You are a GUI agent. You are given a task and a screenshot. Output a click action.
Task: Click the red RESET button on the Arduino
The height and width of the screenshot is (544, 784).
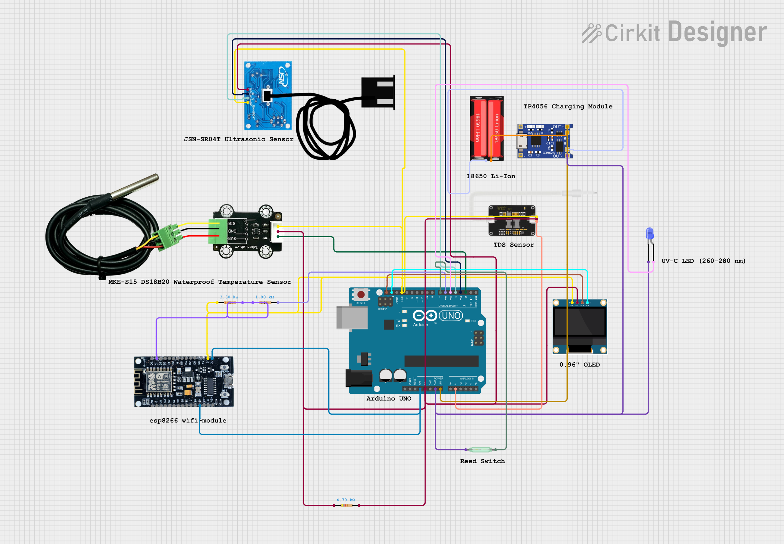coord(361,294)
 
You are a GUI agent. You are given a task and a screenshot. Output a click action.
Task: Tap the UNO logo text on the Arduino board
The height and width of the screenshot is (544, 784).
coord(451,315)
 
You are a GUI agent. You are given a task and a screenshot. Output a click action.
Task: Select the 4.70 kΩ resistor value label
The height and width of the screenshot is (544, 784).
coord(346,500)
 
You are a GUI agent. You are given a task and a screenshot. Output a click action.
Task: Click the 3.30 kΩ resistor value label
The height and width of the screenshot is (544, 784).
coord(229,297)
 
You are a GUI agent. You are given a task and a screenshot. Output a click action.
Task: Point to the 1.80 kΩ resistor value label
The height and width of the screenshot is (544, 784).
coord(264,297)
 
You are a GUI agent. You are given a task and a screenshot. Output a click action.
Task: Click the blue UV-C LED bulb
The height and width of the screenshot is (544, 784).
coord(650,233)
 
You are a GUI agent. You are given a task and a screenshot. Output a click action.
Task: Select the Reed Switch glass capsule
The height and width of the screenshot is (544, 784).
coord(480,450)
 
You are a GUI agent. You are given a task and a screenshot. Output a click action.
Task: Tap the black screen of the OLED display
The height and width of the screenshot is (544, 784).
coord(579,322)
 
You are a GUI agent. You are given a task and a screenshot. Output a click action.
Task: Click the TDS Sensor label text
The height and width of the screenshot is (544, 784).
coord(514,245)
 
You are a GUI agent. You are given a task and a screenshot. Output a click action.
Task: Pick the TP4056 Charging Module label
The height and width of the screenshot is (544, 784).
coord(567,106)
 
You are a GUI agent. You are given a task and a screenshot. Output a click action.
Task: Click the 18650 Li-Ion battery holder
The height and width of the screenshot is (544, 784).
coord(486,128)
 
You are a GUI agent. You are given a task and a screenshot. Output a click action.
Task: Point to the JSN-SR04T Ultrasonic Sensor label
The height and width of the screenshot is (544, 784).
coord(239,139)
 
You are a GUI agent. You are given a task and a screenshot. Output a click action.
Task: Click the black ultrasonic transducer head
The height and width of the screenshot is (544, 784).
coord(378,93)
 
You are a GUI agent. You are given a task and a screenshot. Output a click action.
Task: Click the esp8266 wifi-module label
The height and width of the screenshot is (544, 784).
coord(188,421)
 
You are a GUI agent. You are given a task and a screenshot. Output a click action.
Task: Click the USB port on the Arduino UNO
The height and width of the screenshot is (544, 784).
coord(352,318)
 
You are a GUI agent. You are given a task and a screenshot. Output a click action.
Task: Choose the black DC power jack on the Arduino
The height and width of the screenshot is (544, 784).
coord(359,378)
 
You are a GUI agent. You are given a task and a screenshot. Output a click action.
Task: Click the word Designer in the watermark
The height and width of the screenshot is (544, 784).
coord(717,32)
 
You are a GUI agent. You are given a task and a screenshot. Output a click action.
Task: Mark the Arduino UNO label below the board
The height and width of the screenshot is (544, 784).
coord(389,399)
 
